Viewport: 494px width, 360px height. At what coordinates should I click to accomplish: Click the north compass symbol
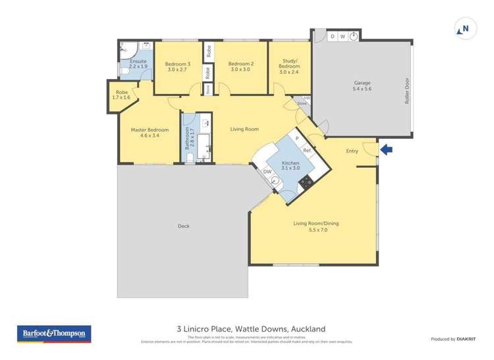[x=464, y=28]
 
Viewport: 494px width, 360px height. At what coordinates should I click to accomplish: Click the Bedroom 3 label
[x=177, y=66]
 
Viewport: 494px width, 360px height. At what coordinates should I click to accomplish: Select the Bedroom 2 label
[x=240, y=66]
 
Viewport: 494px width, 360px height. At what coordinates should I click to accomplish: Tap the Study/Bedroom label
[x=289, y=66]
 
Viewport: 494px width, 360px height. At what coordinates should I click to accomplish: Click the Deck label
[x=183, y=226]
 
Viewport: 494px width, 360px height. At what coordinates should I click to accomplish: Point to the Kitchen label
[x=290, y=165]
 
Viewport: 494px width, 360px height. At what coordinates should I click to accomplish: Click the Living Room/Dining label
[x=316, y=226]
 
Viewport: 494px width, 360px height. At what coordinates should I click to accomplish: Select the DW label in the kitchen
[x=267, y=172]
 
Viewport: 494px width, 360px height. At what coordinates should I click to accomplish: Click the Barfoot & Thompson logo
[x=53, y=334]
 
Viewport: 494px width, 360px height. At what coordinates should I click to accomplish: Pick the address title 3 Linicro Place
[x=250, y=329]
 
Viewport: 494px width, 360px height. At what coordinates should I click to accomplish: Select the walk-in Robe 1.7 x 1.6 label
[x=123, y=95]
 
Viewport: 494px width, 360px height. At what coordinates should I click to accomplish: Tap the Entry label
[x=352, y=151]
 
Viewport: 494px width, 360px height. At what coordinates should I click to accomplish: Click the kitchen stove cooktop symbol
[x=306, y=180]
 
